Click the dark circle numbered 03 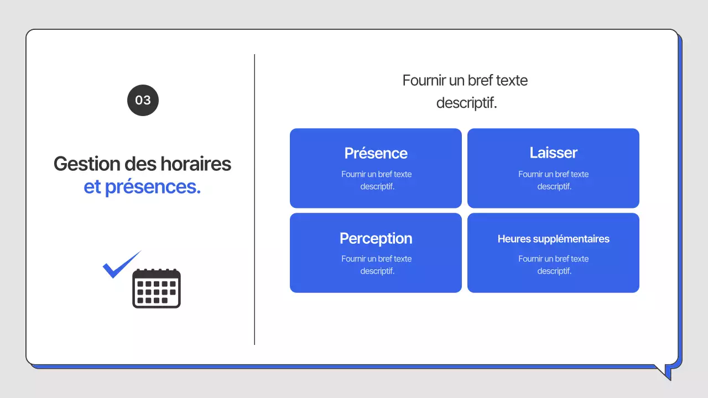(x=143, y=100)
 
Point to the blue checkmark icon (x=121, y=266)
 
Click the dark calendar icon (x=157, y=288)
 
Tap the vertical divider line (x=254, y=199)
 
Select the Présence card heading (x=376, y=153)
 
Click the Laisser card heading (x=553, y=153)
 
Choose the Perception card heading (x=376, y=238)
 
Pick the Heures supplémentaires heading (x=553, y=239)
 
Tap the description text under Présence (x=376, y=180)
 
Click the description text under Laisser (x=553, y=180)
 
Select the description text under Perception (x=376, y=265)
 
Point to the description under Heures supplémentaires (x=553, y=265)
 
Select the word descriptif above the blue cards (x=466, y=103)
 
